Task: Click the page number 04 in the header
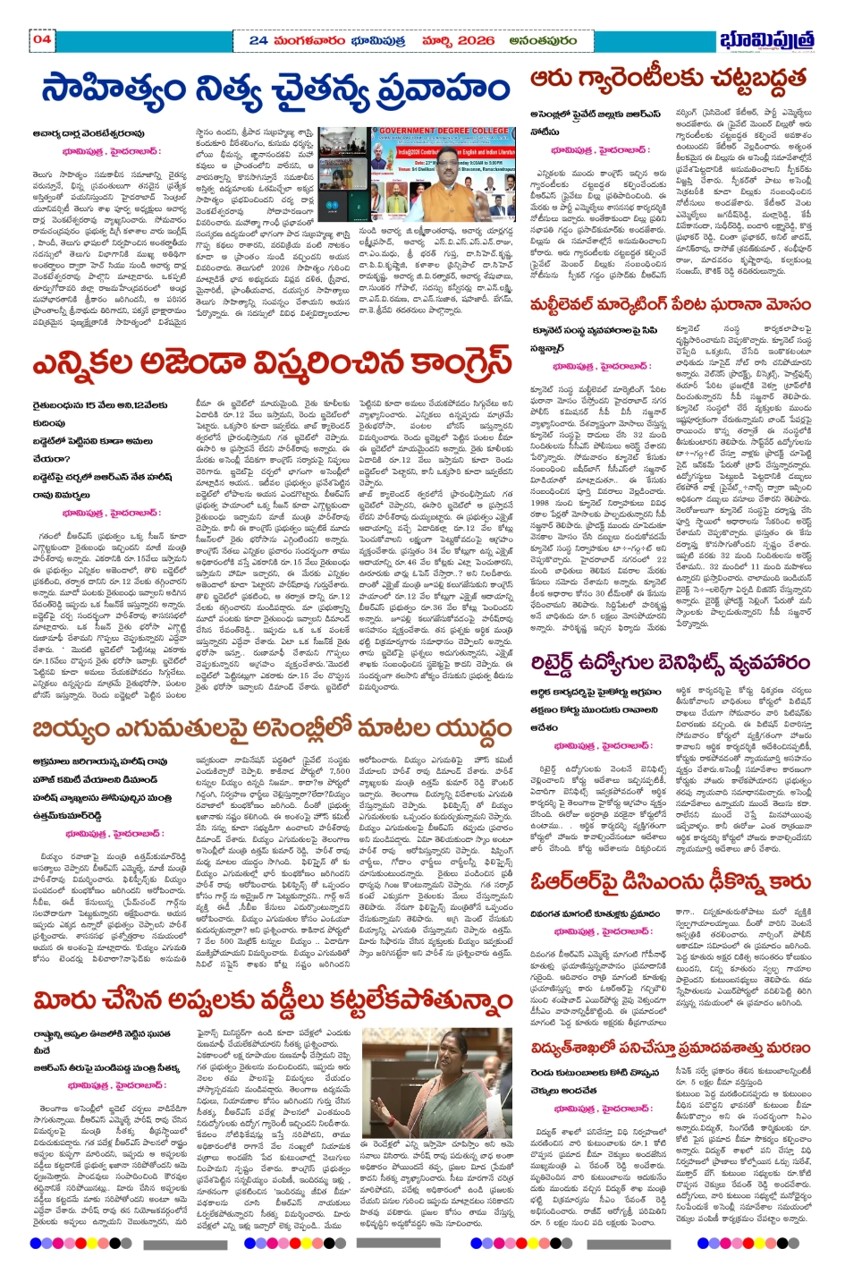pyautogui.click(x=42, y=38)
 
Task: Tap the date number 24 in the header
pyautogui.click(x=258, y=40)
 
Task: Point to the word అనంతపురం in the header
pyautogui.click(x=543, y=40)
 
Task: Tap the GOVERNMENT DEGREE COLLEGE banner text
pyautogui.click(x=442, y=131)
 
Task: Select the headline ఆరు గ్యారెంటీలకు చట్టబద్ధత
pyautogui.click(x=668, y=81)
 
